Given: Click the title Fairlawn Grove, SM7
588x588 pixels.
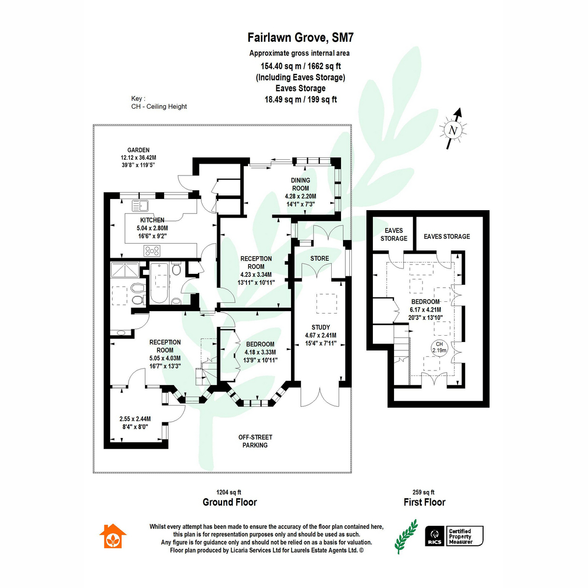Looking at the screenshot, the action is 300,38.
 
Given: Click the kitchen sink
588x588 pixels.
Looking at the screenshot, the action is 140,206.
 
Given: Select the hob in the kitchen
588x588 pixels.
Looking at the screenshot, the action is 152,251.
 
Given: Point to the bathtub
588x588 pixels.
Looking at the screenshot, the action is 159,283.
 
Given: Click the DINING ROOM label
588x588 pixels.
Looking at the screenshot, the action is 300,184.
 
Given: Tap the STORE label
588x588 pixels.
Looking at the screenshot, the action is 319,258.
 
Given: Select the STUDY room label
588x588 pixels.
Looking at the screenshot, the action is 320,327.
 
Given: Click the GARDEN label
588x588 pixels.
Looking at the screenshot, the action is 139,150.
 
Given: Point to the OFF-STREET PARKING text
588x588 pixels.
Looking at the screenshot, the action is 255,441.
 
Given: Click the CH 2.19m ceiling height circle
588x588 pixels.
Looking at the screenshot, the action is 439,347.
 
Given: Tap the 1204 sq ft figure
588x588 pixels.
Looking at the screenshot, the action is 228,492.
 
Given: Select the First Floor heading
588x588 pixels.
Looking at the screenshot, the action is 424,502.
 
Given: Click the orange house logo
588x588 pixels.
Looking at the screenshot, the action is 113,536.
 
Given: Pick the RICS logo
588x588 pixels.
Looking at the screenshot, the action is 434,536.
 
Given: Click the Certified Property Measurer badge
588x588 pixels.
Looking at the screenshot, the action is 464,536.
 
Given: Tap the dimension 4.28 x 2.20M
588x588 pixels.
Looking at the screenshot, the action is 300,196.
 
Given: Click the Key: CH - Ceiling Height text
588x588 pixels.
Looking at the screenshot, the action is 159,102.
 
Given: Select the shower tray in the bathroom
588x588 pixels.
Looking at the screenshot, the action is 125,269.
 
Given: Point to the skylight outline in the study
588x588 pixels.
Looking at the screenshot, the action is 326,304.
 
